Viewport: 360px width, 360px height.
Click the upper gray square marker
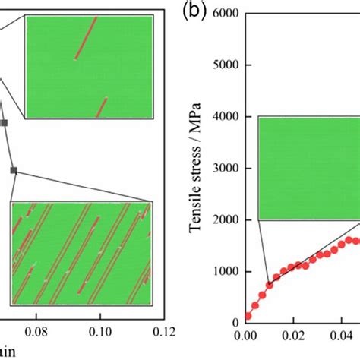click(4, 122)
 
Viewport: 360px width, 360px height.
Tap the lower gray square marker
click(13, 170)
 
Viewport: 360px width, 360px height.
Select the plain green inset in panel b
click(308, 168)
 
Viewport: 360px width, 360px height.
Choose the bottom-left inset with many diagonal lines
click(81, 252)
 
